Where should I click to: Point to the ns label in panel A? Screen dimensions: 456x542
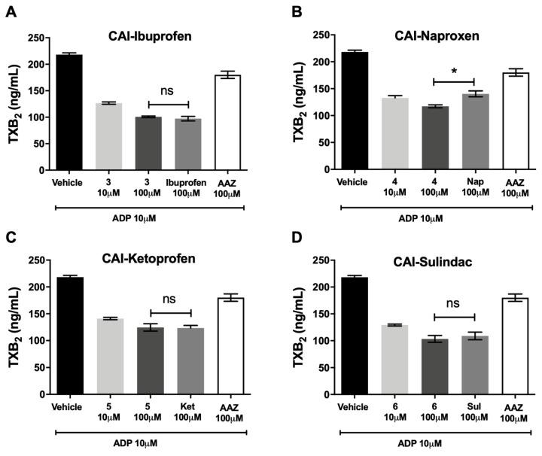(167, 92)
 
